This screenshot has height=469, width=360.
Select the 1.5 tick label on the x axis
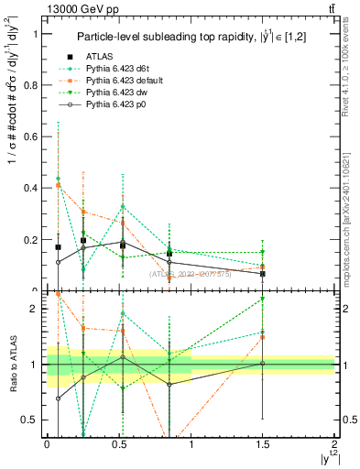(263, 444)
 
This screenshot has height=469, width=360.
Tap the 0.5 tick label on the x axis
(119, 444)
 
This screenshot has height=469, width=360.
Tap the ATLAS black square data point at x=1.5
(263, 274)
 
